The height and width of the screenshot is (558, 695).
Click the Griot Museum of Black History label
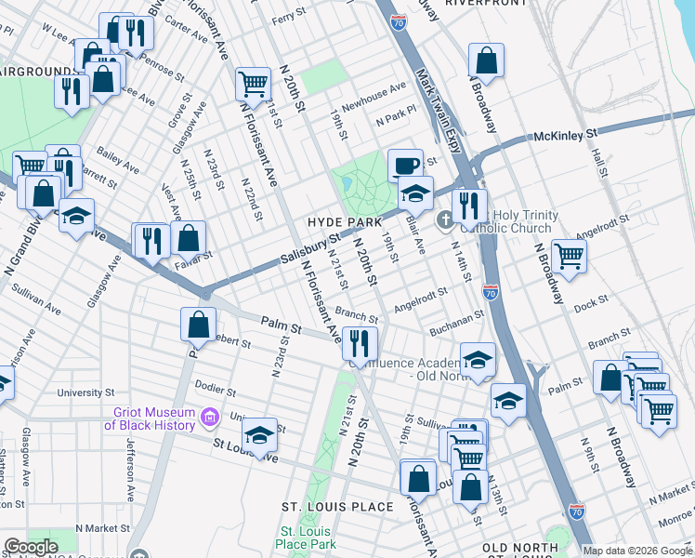pyautogui.click(x=149, y=419)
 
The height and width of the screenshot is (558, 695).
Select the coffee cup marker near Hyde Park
pyautogui.click(x=404, y=166)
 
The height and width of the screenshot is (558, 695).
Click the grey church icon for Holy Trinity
pyautogui.click(x=444, y=219)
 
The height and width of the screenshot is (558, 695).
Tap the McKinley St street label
pyautogui.click(x=564, y=136)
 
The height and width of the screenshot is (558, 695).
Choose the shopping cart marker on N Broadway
pyautogui.click(x=568, y=256)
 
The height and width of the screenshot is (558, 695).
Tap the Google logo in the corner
pyautogui.click(x=31, y=547)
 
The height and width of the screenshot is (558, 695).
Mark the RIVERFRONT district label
pyautogui.click(x=479, y=4)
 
